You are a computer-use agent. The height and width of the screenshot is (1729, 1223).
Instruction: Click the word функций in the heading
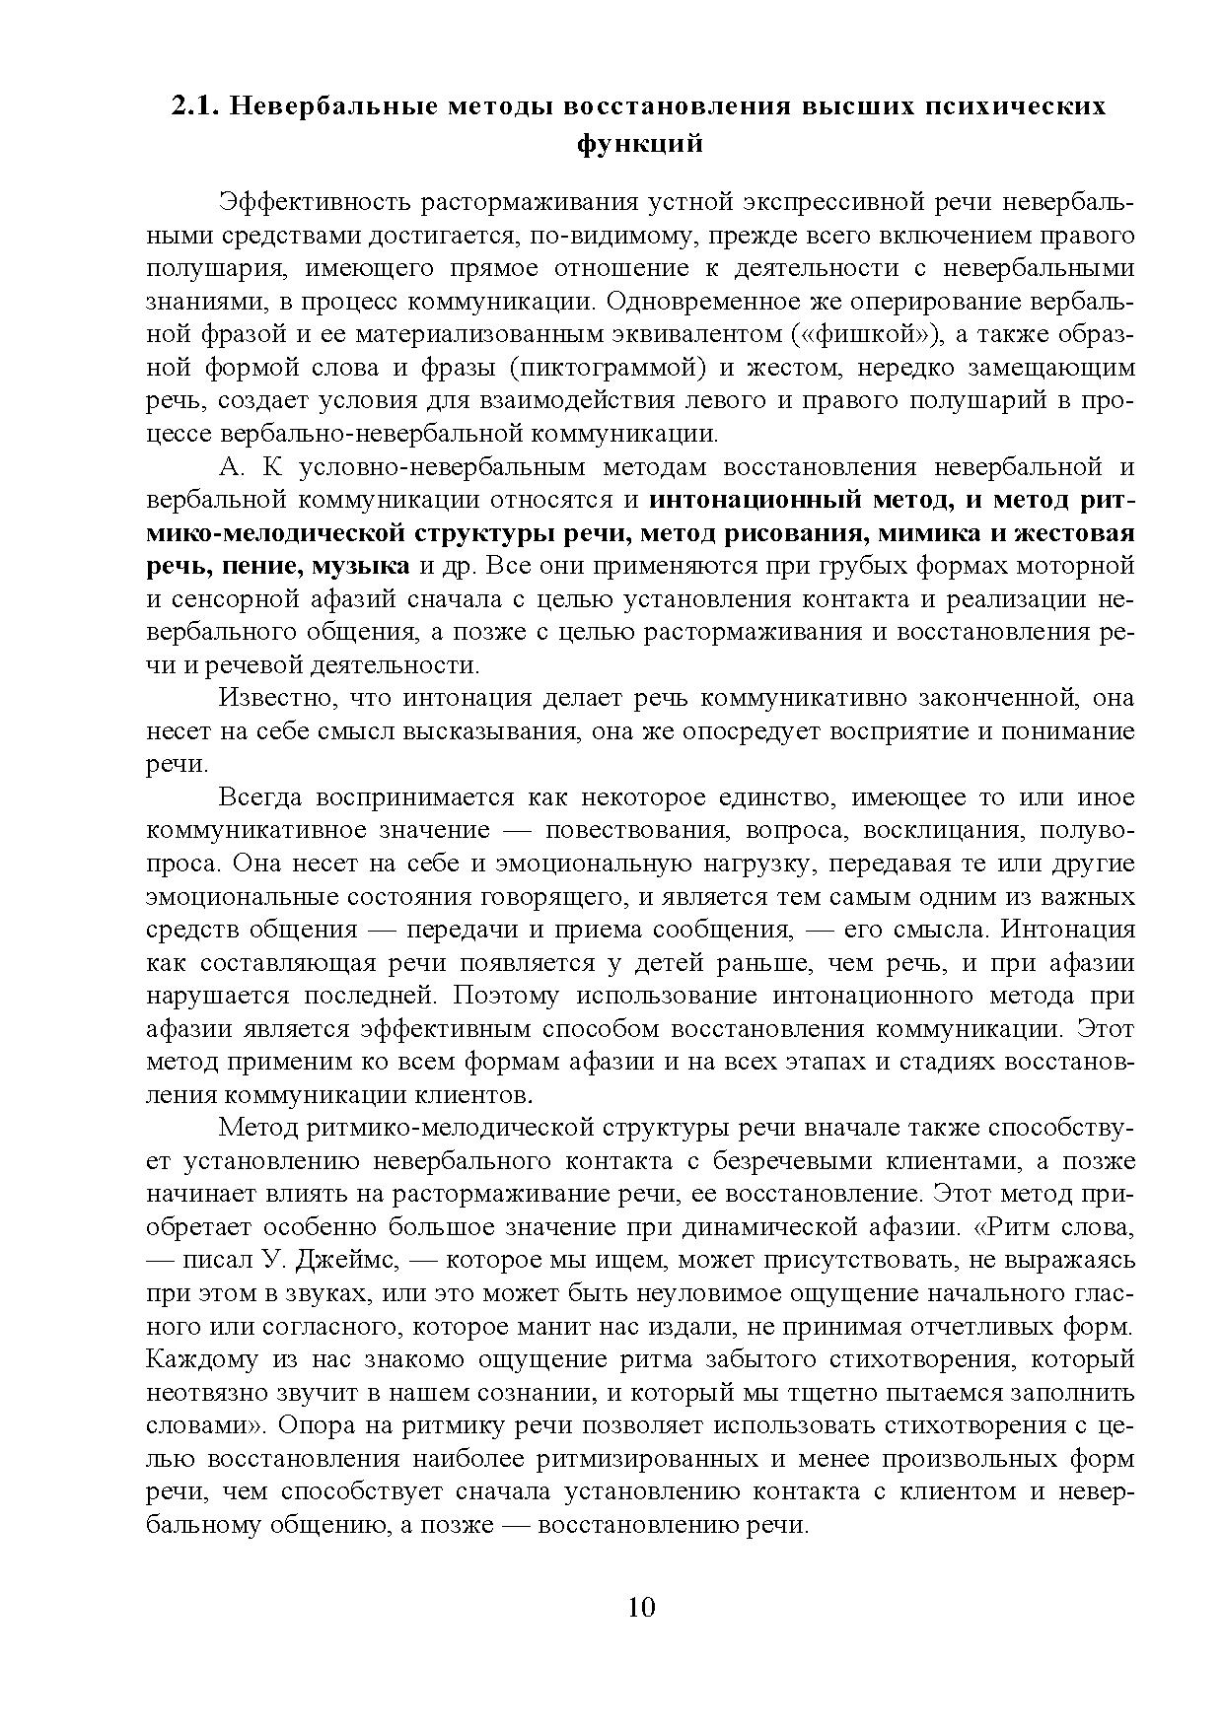(639, 144)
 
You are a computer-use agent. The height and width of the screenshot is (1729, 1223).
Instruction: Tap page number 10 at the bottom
(640, 1607)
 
